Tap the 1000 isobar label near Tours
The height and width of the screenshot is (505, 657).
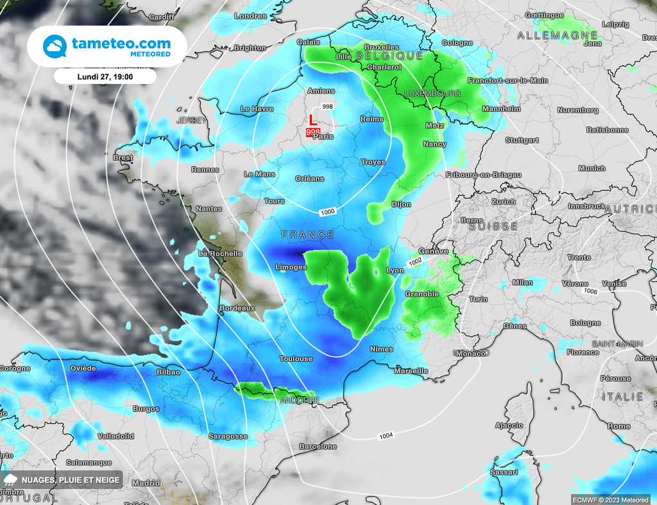pos(327,211)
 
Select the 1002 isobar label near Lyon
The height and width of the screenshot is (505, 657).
pos(415,261)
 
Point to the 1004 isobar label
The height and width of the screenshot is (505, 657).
pos(386,436)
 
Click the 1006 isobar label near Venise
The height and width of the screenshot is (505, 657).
pos(590,291)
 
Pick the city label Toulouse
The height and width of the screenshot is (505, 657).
pos(296,359)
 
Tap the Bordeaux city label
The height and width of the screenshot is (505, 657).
pos(237,308)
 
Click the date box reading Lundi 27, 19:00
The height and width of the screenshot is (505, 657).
pos(105,76)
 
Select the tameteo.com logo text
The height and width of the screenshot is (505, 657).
pos(121,44)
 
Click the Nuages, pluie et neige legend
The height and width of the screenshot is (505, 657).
pos(62,480)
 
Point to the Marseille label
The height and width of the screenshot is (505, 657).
pos(411,371)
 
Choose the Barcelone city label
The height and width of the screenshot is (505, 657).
pos(318,446)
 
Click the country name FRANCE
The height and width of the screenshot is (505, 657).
pos(308,235)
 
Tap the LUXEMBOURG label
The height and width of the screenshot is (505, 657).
pos(432,94)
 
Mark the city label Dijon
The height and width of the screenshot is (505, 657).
pos(401,205)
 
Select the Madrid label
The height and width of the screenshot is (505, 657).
pos(146,483)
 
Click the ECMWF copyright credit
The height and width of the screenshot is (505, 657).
pos(611,499)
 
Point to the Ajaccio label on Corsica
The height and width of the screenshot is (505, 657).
pos(509,426)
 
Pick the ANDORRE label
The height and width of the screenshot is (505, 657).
pos(299,401)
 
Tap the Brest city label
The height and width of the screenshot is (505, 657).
pos(123,158)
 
